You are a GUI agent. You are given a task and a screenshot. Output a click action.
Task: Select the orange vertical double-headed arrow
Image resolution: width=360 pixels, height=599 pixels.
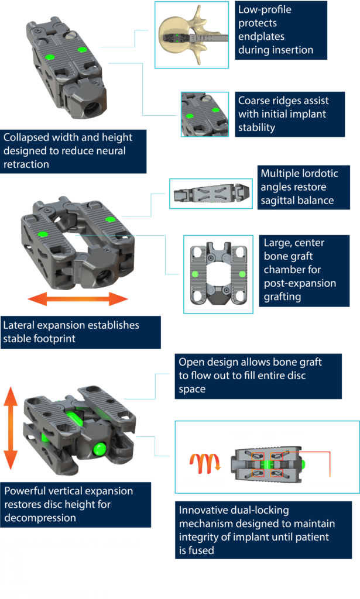click(x=10, y=428)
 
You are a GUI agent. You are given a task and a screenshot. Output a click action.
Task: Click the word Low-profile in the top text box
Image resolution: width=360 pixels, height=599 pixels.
click(x=265, y=10)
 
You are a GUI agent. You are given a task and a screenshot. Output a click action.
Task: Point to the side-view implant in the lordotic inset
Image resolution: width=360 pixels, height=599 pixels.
click(x=210, y=194)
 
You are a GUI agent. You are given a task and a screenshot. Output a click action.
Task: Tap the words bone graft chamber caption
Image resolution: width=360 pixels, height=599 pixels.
click(x=293, y=263)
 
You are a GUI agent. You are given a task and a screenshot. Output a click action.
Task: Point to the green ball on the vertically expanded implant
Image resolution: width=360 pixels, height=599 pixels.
click(x=99, y=449)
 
